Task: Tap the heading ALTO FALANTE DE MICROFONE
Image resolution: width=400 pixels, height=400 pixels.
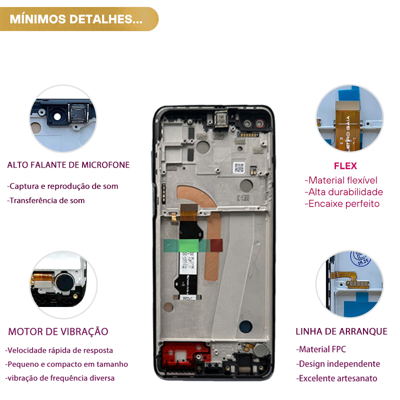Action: pos(68,165)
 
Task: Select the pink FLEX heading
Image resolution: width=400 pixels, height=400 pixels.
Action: pos(345,166)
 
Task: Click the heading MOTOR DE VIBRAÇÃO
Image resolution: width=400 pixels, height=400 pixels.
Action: pos(58,331)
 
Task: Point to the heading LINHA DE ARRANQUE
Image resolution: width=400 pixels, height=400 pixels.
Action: pos(341,331)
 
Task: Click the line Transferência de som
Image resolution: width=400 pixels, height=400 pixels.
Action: pos(46,200)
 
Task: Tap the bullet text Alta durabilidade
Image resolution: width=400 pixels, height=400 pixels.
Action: pos(343,192)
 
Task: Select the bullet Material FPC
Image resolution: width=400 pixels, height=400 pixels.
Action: pos(321,349)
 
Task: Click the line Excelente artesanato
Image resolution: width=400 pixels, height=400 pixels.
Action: pos(336,378)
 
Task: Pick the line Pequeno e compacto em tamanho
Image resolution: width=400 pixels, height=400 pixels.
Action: pos(66,364)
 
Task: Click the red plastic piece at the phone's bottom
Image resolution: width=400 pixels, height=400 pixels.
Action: pos(185,353)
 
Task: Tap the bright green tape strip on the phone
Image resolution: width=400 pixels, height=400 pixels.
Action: pos(189,245)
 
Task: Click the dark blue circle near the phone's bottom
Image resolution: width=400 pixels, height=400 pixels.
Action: pos(245,326)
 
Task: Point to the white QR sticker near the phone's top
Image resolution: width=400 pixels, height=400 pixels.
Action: pos(239,167)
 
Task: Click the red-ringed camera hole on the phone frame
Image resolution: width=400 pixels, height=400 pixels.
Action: pos(259,123)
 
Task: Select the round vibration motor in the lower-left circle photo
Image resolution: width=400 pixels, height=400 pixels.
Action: pos(65,282)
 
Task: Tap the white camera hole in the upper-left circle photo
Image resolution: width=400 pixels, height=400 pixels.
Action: pos(57,116)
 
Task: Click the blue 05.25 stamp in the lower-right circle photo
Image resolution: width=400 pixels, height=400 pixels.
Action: pos(360,258)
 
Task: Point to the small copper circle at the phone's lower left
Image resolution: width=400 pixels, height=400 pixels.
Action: pos(168,307)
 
